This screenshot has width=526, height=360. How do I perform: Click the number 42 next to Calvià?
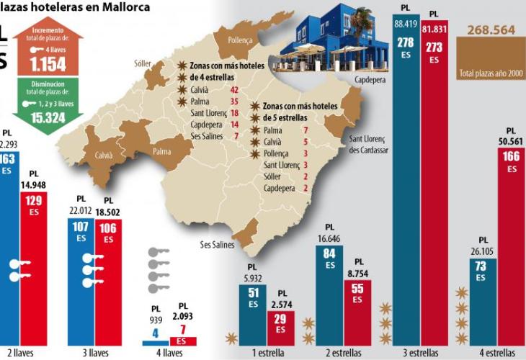tap(234, 89)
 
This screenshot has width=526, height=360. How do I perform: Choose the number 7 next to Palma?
tap(306, 130)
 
